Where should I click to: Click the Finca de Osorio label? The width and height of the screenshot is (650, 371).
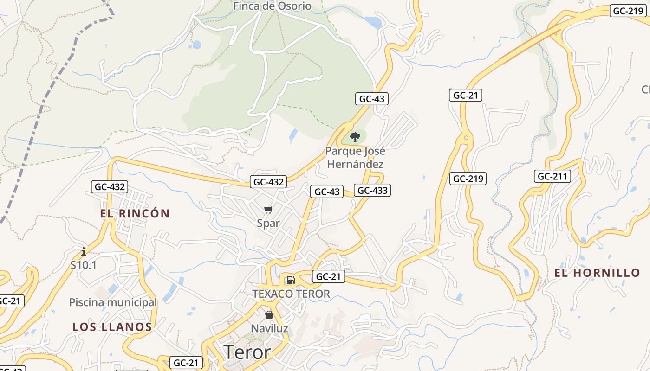[x=272, y=6]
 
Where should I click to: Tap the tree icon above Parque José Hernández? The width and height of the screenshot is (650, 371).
[x=355, y=137]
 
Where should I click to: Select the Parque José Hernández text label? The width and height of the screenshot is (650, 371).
[x=355, y=158]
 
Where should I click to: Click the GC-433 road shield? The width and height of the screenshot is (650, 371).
[x=372, y=190]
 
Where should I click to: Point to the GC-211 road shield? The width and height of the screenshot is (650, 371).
[x=552, y=176]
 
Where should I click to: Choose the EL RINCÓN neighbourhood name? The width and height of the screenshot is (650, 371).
[x=135, y=214]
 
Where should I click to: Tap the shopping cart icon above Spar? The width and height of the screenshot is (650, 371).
[x=268, y=211]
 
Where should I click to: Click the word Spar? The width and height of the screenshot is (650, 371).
[x=268, y=223]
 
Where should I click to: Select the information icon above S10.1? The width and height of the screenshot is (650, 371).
[x=84, y=252]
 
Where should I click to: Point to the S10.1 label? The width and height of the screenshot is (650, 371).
[x=84, y=265]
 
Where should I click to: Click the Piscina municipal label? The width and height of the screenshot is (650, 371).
[x=113, y=302]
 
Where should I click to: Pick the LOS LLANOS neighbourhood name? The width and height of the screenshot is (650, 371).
[x=112, y=327]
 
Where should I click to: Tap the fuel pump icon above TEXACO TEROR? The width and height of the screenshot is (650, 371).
[x=291, y=280]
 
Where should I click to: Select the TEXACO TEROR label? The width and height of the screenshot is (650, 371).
[x=291, y=294]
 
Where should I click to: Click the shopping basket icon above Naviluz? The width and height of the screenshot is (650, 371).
[x=269, y=315]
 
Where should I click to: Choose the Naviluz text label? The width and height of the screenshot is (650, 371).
[x=269, y=329]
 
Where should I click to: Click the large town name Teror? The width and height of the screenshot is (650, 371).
[x=247, y=352]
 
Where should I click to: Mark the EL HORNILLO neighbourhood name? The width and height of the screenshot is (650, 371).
[x=597, y=273]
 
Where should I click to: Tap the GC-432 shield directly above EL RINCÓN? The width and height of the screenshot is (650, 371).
[x=109, y=187]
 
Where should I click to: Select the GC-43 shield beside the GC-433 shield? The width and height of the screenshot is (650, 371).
[x=327, y=192]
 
